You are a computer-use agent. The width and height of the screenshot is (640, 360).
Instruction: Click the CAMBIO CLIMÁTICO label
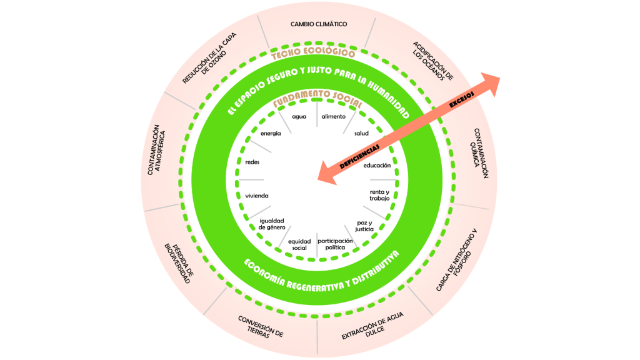[319, 24]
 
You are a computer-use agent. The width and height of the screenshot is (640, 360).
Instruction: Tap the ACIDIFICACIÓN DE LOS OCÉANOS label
[431, 62]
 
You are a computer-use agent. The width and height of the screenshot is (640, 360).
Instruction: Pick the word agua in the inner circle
[299, 117]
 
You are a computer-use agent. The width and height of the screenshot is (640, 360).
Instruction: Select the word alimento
[333, 117]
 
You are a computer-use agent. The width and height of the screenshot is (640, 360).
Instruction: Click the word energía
[271, 134]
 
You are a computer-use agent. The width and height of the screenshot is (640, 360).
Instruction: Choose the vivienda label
[256, 196]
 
